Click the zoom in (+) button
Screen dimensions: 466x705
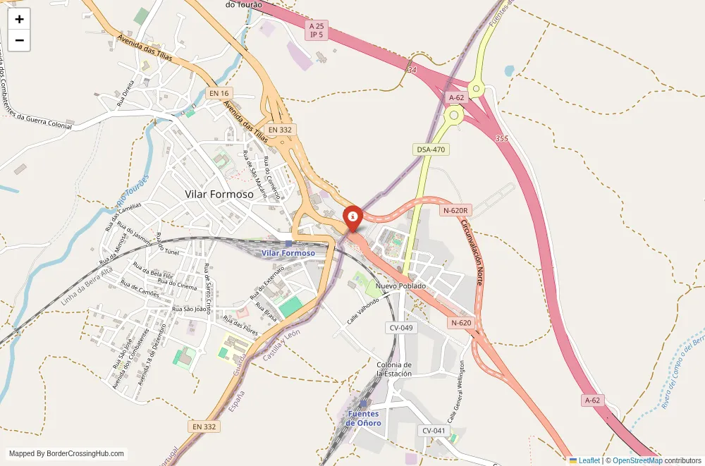19,19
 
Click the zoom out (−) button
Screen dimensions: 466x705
19,40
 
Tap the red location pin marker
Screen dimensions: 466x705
352,216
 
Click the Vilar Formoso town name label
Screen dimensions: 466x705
219,194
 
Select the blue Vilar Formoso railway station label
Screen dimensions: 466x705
288,252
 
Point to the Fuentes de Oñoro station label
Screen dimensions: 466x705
364,418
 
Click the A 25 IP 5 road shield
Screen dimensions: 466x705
317,30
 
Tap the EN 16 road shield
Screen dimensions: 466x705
220,93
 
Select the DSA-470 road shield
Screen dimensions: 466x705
431,149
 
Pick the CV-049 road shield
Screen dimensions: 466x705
400,328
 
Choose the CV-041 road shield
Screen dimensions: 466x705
434,431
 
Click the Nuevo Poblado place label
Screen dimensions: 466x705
400,286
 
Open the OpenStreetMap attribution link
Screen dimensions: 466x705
637,460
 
